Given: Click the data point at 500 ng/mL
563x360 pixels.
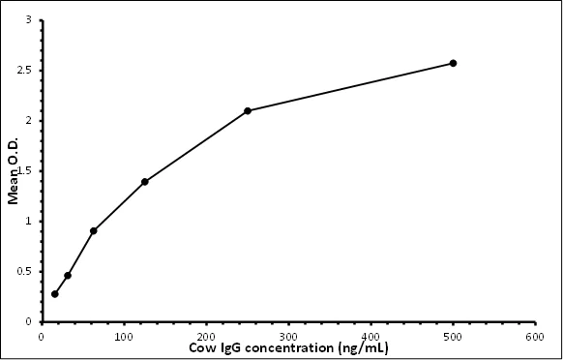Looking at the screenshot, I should coord(453,63).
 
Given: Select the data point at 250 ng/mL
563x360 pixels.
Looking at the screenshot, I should coord(248,110).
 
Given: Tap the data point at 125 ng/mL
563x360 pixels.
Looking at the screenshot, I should coord(144,182).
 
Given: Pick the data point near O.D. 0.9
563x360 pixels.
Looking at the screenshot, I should coord(93,230).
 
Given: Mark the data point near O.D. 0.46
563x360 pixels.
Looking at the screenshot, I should coord(68,275).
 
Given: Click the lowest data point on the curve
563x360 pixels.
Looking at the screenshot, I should coord(54,293).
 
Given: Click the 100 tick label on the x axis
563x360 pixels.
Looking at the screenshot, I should coord(123,337).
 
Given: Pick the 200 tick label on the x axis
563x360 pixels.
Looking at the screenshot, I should coord(206,337).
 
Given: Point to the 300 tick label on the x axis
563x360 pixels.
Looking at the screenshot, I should coord(288,337).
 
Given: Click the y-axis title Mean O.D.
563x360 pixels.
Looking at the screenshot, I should coord(14,170).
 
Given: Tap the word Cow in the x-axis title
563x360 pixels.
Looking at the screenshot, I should coord(201,346).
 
